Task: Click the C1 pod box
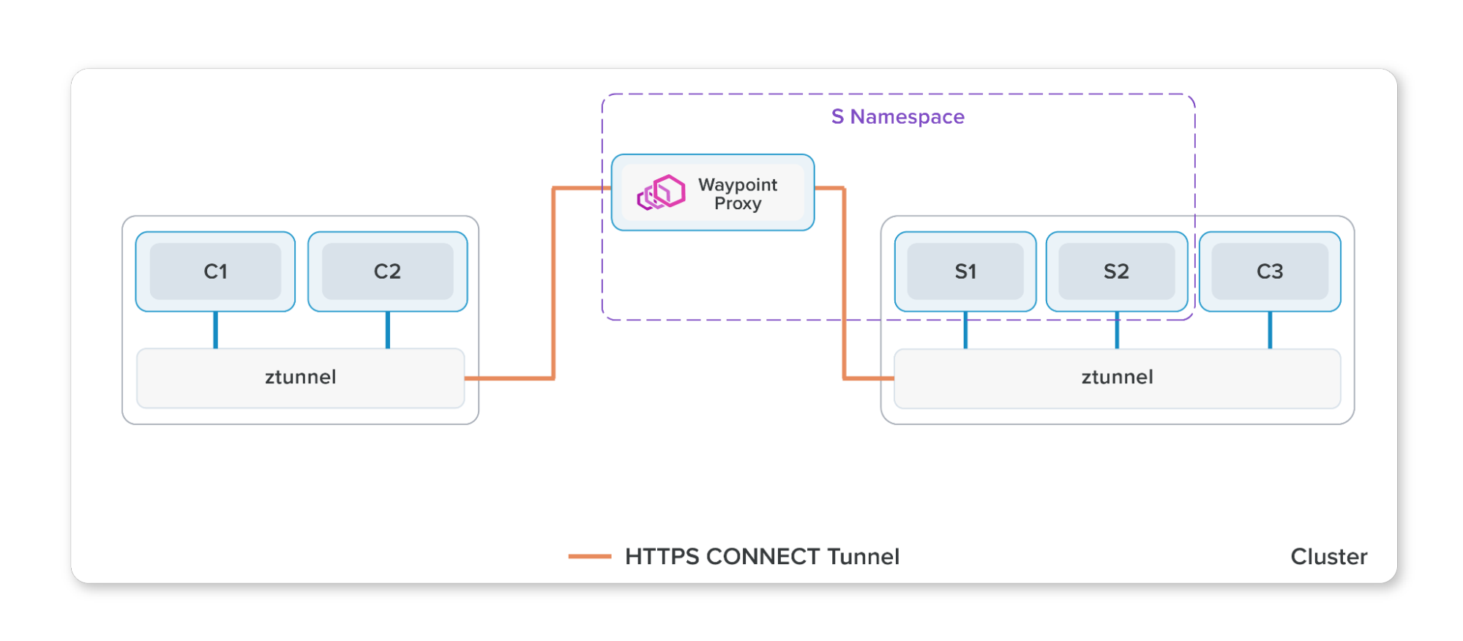[215, 271]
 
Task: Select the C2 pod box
[387, 271]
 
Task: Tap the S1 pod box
[965, 271]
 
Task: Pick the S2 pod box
[1116, 271]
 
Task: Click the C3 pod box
[1270, 271]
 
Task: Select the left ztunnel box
[300, 378]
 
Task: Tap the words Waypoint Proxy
[738, 194]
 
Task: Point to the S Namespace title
[897, 117]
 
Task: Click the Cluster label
[1328, 557]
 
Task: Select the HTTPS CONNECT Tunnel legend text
[762, 557]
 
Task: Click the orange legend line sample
[590, 557]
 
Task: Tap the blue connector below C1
[215, 330]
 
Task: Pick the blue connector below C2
[387, 330]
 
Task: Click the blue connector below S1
[965, 330]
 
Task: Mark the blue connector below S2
[1117, 330]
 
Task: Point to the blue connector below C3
[1270, 330]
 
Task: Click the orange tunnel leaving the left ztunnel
[509, 378]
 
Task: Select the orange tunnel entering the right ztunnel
[869, 378]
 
